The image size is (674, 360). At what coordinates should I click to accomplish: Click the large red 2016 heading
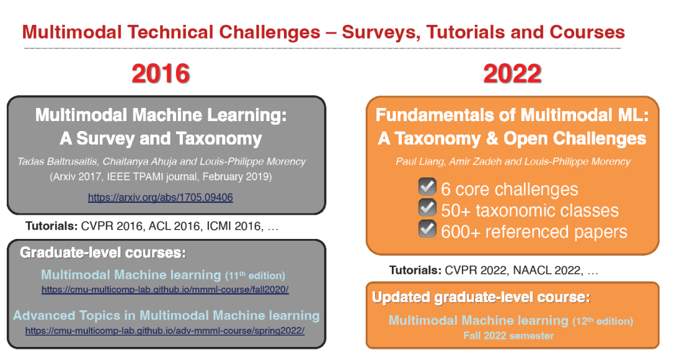161,74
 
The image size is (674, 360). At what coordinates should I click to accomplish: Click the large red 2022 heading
512,74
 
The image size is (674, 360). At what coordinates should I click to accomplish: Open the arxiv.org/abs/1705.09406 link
160,198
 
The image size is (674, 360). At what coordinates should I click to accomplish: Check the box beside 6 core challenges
427,187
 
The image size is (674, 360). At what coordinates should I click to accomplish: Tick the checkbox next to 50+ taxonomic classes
427,208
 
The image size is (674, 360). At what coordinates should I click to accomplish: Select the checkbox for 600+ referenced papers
427,228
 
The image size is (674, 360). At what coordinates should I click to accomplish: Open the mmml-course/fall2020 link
165,289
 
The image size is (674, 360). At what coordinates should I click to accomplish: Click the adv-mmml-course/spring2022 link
165,331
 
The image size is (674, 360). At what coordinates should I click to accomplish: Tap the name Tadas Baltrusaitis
57,162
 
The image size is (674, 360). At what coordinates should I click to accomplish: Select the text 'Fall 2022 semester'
509,336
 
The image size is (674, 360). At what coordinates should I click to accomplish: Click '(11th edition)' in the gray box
255,275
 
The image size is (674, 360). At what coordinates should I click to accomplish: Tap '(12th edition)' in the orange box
603,321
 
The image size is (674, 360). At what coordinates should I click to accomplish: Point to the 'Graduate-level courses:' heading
103,253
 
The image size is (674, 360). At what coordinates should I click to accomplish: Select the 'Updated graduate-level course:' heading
481,298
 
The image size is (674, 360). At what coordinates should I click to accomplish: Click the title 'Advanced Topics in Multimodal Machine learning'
167,316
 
